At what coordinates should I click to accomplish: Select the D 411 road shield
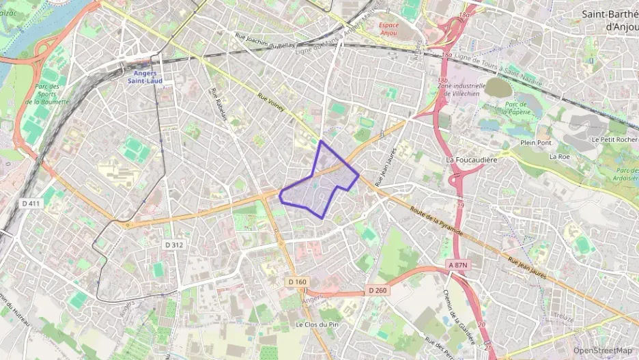pyautogui.click(x=31, y=203)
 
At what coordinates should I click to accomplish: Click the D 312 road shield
pyautogui.click(x=173, y=245)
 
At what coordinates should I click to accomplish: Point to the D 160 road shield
pyautogui.click(x=298, y=281)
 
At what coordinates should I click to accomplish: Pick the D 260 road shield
pyautogui.click(x=378, y=290)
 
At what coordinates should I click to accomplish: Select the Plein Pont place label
pyautogui.click(x=535, y=143)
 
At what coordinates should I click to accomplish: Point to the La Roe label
pyautogui.click(x=559, y=156)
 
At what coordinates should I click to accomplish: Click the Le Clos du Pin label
pyautogui.click(x=317, y=324)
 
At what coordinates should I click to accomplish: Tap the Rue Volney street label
pyautogui.click(x=271, y=102)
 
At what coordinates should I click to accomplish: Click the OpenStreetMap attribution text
pyautogui.click(x=602, y=350)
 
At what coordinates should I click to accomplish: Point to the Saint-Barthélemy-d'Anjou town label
pyautogui.click(x=609, y=19)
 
